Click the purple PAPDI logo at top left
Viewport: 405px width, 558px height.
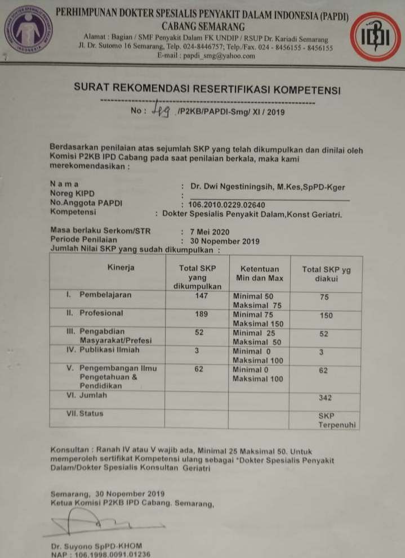pyautogui.click(x=28, y=29)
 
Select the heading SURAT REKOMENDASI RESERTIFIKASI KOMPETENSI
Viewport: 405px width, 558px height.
pyautogui.click(x=207, y=89)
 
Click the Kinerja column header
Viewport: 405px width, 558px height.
pyautogui.click(x=121, y=268)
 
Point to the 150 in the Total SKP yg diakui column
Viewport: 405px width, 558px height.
pyautogui.click(x=326, y=316)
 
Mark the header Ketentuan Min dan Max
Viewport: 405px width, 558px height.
pyautogui.click(x=258, y=273)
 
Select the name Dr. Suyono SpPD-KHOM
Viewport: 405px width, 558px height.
pyautogui.click(x=96, y=546)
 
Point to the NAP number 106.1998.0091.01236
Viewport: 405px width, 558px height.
pyautogui.click(x=101, y=554)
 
